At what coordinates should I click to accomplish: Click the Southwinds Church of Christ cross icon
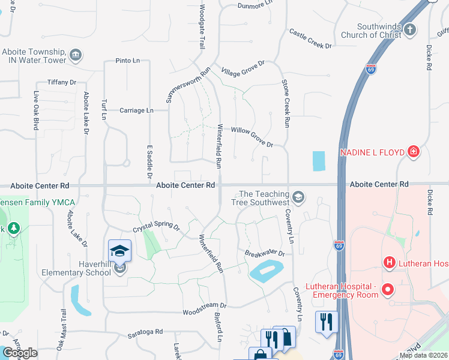(x=410, y=29)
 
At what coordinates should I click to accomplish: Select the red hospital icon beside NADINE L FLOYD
(x=413, y=152)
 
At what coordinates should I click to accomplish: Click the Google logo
(x=20, y=353)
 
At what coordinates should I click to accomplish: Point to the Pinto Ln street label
(x=127, y=61)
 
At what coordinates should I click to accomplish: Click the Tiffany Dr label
(x=62, y=82)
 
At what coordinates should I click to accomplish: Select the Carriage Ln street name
(x=136, y=110)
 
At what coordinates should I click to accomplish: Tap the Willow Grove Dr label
(x=252, y=137)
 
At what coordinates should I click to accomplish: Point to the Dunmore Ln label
(x=256, y=4)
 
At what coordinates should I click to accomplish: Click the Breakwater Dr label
(x=264, y=254)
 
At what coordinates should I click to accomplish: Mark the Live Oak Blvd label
(x=36, y=111)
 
